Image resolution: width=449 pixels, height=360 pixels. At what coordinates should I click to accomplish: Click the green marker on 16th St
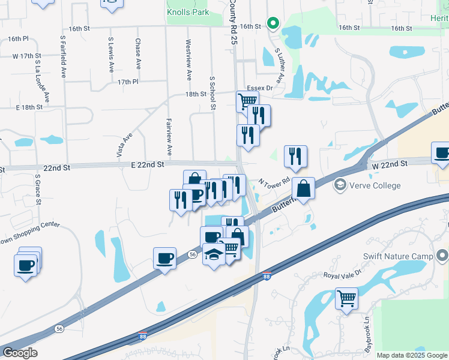tap(273, 24)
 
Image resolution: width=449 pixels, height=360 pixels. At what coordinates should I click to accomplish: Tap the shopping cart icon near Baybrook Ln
tap(346, 298)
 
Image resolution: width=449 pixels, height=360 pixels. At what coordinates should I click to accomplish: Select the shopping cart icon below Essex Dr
tap(247, 101)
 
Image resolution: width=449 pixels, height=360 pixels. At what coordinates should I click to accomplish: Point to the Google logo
tap(20, 353)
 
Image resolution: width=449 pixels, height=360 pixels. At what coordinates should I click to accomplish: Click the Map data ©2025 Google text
tap(411, 355)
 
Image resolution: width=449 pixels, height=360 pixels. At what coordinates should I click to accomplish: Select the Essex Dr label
tap(259, 88)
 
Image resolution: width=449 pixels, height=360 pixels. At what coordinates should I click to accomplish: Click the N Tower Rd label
tap(274, 181)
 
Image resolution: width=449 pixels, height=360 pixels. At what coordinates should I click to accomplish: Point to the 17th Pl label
tap(128, 82)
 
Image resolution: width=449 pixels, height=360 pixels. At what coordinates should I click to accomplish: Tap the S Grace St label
tap(37, 189)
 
